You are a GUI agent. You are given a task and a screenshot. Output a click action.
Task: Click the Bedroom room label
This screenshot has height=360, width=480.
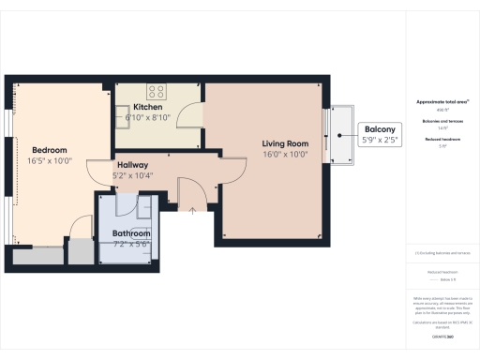point(49,150)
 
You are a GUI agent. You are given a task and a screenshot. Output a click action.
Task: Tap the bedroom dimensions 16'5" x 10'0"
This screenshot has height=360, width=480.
point(49,161)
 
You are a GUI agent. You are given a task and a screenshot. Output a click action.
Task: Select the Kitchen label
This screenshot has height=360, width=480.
point(148,107)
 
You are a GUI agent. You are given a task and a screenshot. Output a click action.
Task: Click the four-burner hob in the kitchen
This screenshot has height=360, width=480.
point(156,92)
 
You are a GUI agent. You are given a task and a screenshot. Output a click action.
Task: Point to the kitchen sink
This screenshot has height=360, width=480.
point(123,114)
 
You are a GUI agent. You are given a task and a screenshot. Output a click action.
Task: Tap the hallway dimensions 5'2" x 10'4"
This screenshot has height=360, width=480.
point(130,174)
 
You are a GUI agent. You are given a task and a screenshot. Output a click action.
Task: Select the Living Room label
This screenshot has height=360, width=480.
point(284,143)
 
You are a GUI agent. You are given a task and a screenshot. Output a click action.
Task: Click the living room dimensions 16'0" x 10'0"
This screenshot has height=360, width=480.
point(284,155)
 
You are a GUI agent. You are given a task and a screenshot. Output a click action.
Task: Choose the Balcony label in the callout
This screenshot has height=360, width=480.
point(380,129)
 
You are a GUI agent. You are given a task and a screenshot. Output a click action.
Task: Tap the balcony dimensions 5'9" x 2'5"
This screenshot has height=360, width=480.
point(380,140)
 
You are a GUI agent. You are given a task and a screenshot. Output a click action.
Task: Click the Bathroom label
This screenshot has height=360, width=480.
point(131,233)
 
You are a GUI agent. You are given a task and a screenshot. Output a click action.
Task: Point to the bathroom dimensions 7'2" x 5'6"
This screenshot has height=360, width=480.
point(131,245)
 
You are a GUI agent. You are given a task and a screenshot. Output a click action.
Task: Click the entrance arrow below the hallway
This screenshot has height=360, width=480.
point(192,209)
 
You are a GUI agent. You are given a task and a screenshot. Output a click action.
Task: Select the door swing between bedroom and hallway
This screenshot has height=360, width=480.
point(97,172)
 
